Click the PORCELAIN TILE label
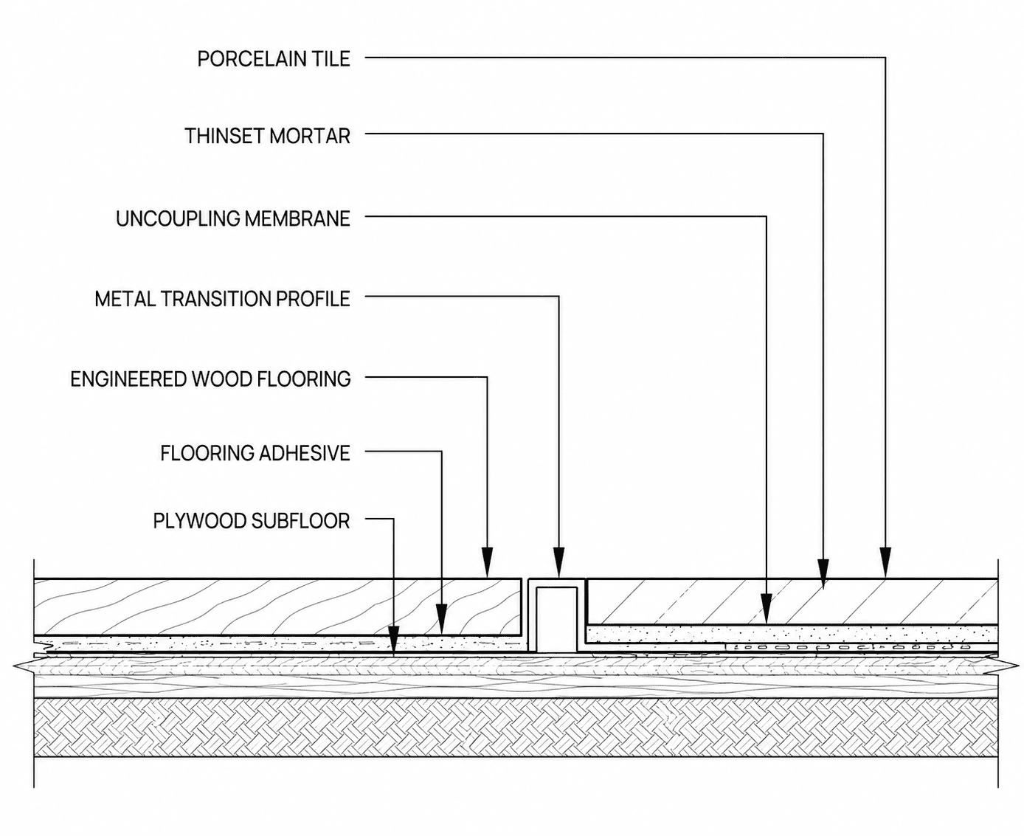[x=274, y=59]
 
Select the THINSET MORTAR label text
[x=267, y=136]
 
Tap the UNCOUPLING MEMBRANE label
[x=232, y=218]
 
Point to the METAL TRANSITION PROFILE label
[x=222, y=299]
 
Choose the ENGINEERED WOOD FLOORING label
[x=210, y=379]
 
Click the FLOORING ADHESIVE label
[x=255, y=453]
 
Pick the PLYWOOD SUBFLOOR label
[x=252, y=521]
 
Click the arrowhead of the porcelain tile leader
[x=885, y=563]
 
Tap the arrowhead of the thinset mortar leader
[x=823, y=574]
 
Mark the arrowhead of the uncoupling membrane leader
[x=767, y=608]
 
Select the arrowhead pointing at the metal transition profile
[x=558, y=563]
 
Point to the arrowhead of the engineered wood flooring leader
[x=487, y=563]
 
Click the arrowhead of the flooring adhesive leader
[x=441, y=618]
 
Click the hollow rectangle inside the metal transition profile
[x=556, y=619]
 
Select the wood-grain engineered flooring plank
[x=277, y=607]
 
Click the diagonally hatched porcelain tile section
[x=792, y=601]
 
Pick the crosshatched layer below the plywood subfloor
[x=516, y=728]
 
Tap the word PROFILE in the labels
[x=313, y=299]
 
